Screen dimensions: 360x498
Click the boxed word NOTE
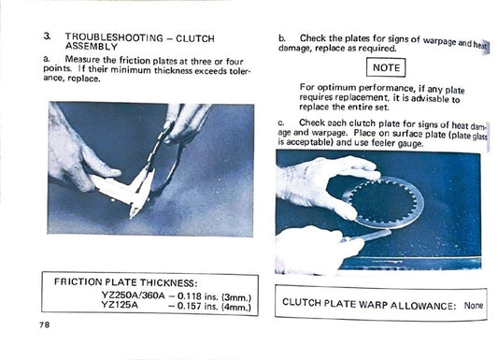[x=386, y=67]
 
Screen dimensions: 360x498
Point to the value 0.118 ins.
[x=200, y=293]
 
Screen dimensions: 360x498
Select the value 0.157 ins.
[x=200, y=304]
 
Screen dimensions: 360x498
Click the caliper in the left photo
[x=131, y=183]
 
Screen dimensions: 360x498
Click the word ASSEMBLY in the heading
[x=92, y=46]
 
